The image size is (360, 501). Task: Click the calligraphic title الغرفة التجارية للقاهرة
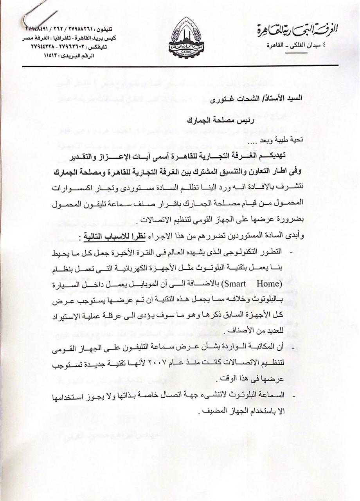pyautogui.click(x=297, y=29)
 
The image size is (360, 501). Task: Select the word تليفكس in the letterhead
pyautogui.click(x=108, y=47)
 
